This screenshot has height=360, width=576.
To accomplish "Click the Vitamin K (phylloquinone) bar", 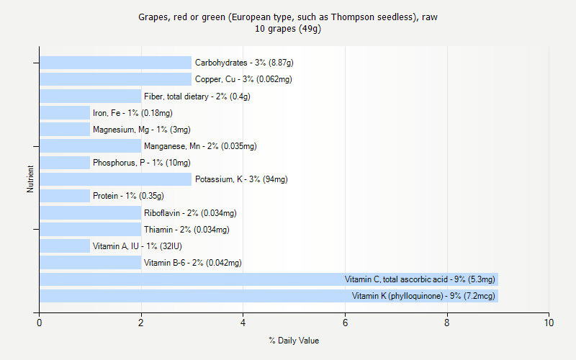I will [x=268, y=296].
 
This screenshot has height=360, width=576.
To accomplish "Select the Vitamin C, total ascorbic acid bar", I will [x=268, y=279].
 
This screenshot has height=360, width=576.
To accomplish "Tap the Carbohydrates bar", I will [x=115, y=63].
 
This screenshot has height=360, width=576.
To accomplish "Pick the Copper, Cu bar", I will [x=115, y=79].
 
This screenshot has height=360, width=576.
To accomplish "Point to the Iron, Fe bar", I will [x=65, y=113].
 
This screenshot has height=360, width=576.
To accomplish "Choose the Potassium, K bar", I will [x=115, y=179].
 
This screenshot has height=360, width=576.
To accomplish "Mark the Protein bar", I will [x=65, y=196].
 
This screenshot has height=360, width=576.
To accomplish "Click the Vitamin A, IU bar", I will [x=65, y=246].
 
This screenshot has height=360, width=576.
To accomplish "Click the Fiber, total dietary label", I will [x=197, y=96].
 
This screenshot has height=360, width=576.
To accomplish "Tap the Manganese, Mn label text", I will [x=199, y=146].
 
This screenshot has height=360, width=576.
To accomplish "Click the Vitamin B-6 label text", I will [x=192, y=263].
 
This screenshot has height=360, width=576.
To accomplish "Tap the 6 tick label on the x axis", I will [x=345, y=323].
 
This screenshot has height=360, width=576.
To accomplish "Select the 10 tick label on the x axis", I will [x=549, y=323].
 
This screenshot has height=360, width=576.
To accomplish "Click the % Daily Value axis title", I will [x=294, y=341].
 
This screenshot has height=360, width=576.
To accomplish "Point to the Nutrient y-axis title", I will [x=30, y=179].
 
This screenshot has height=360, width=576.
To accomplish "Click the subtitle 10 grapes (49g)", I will [x=288, y=29].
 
